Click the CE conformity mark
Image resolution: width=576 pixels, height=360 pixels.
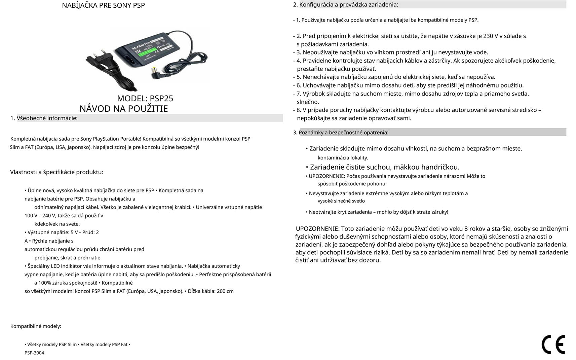pyautogui.click(x=553, y=344)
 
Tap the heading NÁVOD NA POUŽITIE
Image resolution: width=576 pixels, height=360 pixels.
pyautogui.click(x=123, y=109)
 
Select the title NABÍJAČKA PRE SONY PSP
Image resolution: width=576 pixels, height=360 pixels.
pyautogui.click(x=103, y=5)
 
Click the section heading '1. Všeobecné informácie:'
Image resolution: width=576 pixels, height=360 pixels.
pyautogui.click(x=44, y=118)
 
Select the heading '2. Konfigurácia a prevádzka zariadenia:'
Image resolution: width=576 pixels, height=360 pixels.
pyautogui.click(x=346, y=5)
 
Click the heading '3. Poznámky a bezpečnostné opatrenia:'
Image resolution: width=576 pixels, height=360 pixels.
pyautogui.click(x=341, y=133)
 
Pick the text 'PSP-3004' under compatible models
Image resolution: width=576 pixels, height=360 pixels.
pyautogui.click(x=34, y=353)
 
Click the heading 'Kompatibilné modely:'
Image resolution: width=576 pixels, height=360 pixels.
pyautogui.click(x=36, y=326)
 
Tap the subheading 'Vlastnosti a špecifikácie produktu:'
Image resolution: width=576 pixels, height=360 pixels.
pyautogui.click(x=56, y=172)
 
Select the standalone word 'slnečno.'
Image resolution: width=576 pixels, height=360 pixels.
pyautogui.click(x=308, y=102)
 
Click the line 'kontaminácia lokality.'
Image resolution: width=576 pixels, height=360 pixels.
pyautogui.click(x=343, y=158)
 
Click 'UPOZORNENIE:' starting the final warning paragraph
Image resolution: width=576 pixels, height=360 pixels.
pyautogui.click(x=317, y=229)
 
